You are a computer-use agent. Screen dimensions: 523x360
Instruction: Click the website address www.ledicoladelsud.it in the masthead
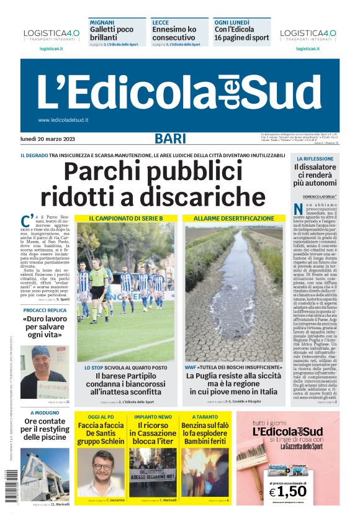pos(63,120)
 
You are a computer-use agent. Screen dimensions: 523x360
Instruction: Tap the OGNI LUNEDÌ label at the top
pos(232,22)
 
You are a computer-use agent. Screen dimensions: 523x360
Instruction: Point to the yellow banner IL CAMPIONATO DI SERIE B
pos(125,219)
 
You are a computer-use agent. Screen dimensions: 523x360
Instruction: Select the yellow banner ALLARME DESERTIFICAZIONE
pos(233,219)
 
